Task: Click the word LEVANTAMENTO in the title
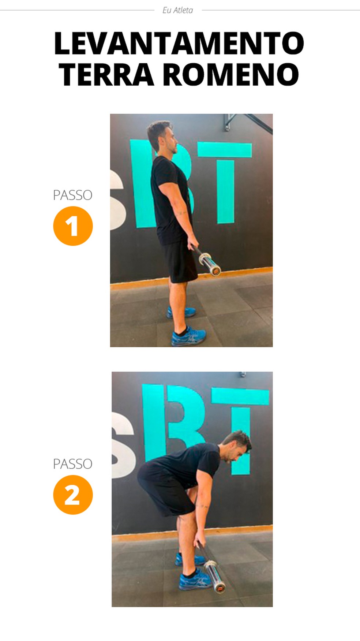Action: (179, 43)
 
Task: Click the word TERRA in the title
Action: (106, 74)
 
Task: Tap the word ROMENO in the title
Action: (231, 74)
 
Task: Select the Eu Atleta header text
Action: (178, 10)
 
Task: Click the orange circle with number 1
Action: (73, 226)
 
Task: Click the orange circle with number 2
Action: (73, 495)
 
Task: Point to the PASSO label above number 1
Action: (73, 195)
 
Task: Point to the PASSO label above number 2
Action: (73, 464)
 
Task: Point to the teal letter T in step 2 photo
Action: (241, 428)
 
